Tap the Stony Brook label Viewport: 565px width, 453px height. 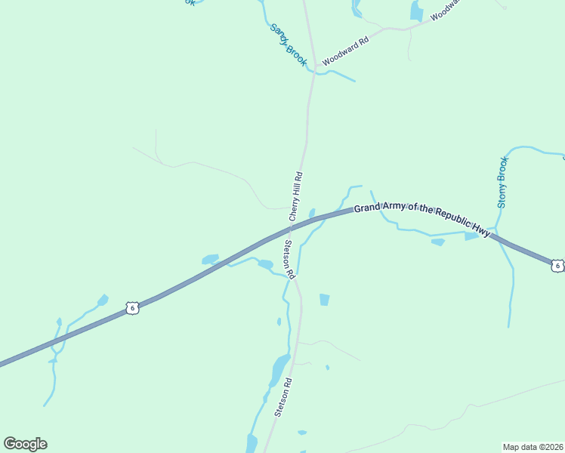[x=503, y=182]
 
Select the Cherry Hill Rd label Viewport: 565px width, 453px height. [x=296, y=196]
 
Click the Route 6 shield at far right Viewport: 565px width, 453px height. [x=557, y=265]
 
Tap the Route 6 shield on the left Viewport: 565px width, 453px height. [x=133, y=307]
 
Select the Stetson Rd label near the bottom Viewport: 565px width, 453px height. [x=283, y=397]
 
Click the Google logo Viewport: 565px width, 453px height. [x=25, y=444]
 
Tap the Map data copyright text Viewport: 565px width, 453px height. [x=532, y=446]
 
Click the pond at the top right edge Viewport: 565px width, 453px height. [x=417, y=11]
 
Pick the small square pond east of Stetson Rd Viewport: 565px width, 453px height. [x=325, y=300]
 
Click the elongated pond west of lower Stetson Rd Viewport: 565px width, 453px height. [x=279, y=368]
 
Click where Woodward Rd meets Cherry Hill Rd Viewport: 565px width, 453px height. [x=312, y=72]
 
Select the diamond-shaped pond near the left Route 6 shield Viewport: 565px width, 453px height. [x=103, y=300]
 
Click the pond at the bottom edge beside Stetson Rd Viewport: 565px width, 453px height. [x=252, y=443]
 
